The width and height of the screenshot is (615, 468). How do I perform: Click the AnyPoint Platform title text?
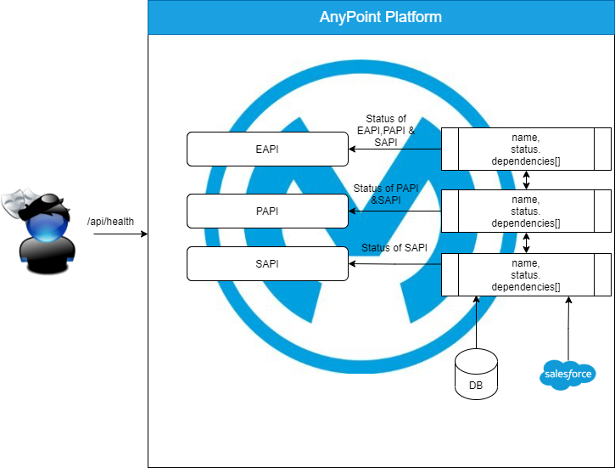[x=381, y=17]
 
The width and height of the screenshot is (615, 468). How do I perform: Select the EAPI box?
[x=267, y=149]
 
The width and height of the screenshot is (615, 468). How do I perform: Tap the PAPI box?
[x=267, y=211]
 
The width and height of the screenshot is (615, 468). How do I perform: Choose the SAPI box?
[x=267, y=263]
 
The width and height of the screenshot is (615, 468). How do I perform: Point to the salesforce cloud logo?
[x=567, y=374]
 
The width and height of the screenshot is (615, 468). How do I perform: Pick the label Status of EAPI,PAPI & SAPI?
[x=386, y=132]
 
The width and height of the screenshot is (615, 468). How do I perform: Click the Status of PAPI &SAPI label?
[x=386, y=195]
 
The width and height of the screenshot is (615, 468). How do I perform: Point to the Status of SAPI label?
[x=394, y=248]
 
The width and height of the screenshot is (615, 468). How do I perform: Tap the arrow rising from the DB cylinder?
[x=476, y=323]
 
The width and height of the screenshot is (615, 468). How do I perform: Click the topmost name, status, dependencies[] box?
[x=526, y=149]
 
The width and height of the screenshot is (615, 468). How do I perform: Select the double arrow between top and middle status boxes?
[x=527, y=179]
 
